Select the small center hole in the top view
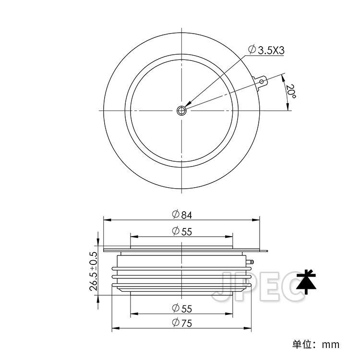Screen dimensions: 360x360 (x=182, y=110)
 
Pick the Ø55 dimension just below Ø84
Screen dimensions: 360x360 (x=181, y=231)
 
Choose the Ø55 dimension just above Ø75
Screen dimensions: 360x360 (x=181, y=308)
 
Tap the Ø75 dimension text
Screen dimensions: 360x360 (x=181, y=323)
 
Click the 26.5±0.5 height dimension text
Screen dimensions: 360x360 (x=94, y=271)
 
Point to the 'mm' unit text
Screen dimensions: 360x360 (x=331, y=344)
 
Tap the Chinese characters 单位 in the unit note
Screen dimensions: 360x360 (x=303, y=344)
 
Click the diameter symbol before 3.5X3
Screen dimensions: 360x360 (x=252, y=49)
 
